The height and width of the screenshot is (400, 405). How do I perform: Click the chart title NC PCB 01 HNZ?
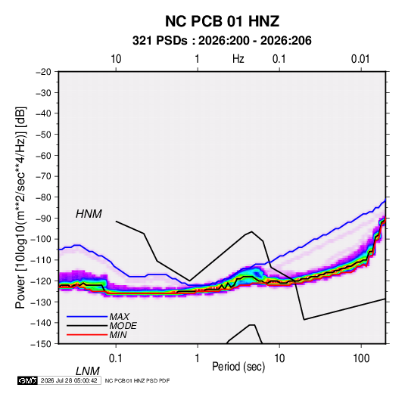222,21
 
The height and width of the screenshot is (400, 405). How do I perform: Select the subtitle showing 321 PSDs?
222,41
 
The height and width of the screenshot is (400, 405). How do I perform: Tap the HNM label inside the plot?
89,214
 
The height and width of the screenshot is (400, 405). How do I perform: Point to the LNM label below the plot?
88,371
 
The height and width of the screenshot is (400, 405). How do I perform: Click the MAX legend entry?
119,317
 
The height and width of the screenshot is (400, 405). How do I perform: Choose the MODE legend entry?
123,326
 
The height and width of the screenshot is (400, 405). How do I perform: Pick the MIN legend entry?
118,335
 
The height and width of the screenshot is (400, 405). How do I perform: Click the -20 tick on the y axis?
43,72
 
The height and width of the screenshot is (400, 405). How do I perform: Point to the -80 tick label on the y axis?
43,197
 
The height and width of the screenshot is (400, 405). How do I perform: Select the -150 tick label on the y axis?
41,344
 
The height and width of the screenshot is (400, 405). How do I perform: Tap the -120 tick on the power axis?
41,281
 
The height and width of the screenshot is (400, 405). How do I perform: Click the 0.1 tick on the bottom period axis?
116,358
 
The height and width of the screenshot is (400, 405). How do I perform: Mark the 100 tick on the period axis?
361,358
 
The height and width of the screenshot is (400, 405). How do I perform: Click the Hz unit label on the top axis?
238,59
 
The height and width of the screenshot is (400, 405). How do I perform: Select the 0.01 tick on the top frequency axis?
360,59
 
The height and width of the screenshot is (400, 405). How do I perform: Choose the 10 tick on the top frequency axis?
116,59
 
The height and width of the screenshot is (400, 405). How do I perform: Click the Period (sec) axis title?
238,367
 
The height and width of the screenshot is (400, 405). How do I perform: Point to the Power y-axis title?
20,208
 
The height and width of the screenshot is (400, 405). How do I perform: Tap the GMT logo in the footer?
28,380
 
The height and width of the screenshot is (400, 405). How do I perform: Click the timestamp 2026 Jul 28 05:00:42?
69,380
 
